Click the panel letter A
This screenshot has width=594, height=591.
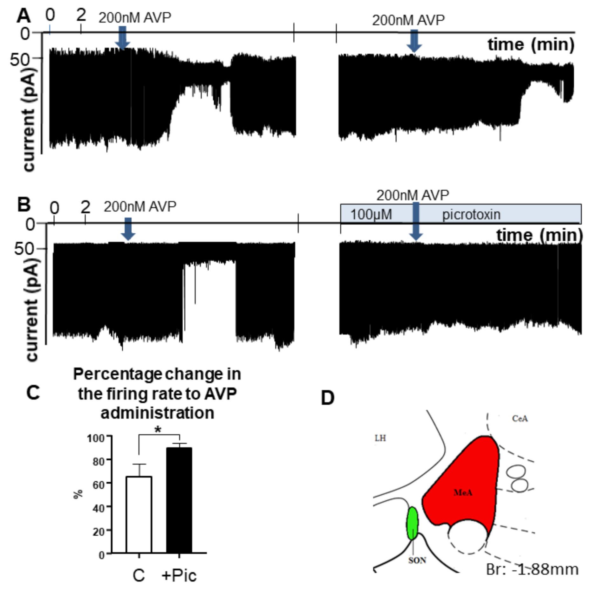point(23,16)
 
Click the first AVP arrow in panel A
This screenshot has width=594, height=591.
point(122,38)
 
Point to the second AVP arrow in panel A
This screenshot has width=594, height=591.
point(414,41)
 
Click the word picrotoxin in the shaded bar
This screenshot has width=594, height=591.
point(471,215)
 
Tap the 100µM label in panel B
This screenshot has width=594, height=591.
point(371,215)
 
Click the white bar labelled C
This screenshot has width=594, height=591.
point(139,515)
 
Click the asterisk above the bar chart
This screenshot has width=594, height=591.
point(158,430)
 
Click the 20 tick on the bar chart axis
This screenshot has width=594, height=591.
point(98,531)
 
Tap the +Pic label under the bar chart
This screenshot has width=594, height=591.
point(179,575)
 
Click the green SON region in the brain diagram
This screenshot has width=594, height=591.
point(413,523)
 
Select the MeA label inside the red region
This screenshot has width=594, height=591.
point(463,493)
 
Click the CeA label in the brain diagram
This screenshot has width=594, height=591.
point(520,419)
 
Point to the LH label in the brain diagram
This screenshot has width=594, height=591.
point(380,438)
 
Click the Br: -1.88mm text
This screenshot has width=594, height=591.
point(532,569)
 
